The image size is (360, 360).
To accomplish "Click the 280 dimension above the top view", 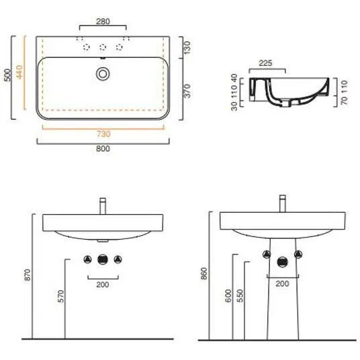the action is (103, 21).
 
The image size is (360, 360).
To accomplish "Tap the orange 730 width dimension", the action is (103, 134).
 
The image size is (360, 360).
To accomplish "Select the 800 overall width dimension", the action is (103, 148).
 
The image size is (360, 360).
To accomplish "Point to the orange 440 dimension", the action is (19, 72).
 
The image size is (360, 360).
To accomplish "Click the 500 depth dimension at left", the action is (7, 75).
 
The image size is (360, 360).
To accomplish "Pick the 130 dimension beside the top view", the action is (187, 48).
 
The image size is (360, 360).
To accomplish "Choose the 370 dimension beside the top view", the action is (187, 91).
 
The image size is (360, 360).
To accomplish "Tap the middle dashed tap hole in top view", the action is (103, 47).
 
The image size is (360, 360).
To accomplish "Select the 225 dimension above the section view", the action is (265, 63).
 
